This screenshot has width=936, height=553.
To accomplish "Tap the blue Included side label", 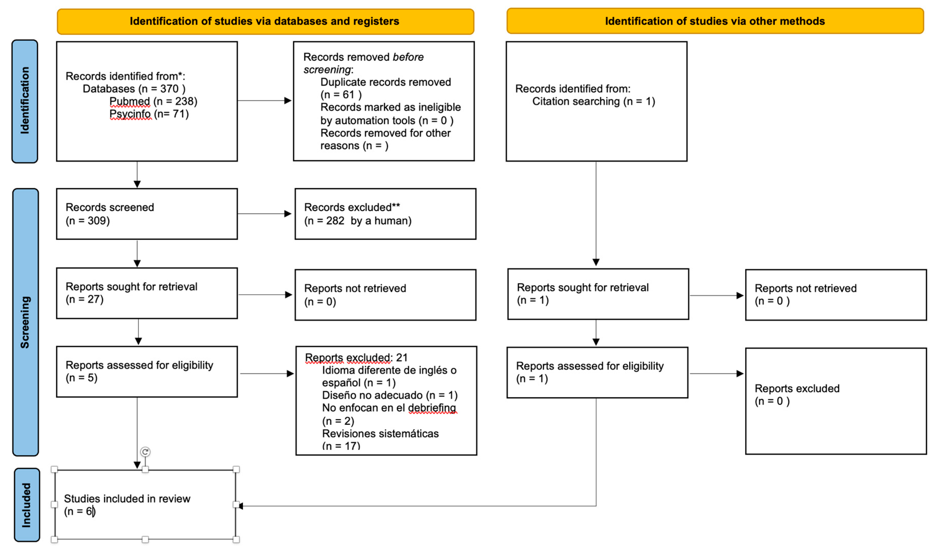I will [x=27, y=505].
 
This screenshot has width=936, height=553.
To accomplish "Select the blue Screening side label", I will [x=25, y=322].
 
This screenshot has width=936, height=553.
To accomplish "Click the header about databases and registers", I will [x=265, y=21].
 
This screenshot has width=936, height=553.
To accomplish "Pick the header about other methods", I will [x=715, y=21].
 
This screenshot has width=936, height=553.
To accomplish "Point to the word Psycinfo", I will [x=130, y=114].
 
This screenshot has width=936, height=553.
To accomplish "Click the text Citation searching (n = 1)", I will [x=594, y=101].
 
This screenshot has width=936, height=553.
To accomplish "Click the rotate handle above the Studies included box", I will [x=145, y=452].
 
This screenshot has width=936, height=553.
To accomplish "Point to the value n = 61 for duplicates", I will [x=341, y=95].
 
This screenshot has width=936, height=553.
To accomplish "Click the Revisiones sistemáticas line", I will [x=380, y=434].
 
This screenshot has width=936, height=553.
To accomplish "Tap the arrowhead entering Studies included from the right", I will [x=240, y=506].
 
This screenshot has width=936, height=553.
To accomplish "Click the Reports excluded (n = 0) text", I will [x=797, y=395].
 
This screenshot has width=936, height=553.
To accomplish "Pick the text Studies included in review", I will [x=127, y=499].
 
